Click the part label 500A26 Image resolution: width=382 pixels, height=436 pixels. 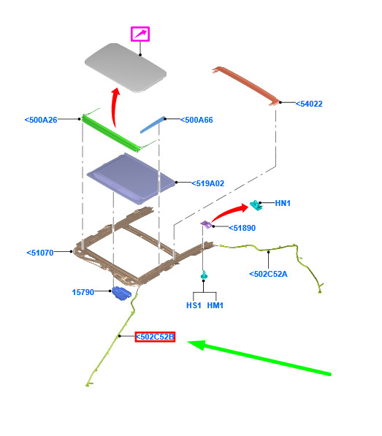41,120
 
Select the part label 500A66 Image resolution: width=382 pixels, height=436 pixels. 196,120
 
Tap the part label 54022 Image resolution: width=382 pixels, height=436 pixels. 309,104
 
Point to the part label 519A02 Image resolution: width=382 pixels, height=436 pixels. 207,183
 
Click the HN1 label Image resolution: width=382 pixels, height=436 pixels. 283,203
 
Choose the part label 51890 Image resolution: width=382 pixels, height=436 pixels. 242,228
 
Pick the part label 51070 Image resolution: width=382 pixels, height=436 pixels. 40,253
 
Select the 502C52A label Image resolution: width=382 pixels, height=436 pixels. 268,274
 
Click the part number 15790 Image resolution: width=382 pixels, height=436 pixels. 83,292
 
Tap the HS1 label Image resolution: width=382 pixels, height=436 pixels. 194,305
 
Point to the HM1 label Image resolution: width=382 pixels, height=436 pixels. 215,305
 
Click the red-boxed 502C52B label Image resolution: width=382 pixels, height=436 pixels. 155,337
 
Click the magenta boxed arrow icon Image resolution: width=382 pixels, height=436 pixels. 140,34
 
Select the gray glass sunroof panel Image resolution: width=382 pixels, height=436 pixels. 126,68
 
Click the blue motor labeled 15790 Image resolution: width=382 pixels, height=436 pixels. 121,294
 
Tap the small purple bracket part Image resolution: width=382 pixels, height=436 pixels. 206,224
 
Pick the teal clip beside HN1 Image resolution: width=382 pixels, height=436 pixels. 256,205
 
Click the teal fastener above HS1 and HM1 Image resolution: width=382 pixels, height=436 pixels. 204,275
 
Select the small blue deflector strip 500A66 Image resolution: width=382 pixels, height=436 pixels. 153,125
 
